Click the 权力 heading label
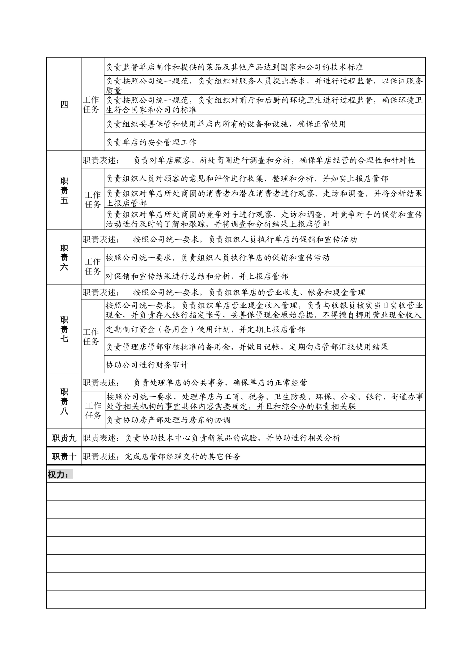click(58, 475)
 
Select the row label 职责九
click(64, 438)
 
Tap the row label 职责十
click(64, 456)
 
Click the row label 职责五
click(64, 191)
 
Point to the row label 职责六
click(64, 257)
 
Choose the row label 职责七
click(64, 329)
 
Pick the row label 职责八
click(64, 401)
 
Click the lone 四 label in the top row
click(64, 104)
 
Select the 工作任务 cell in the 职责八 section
click(93, 410)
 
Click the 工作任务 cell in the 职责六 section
click(93, 266)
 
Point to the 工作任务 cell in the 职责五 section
click(93, 199)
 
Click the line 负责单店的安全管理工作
click(152, 142)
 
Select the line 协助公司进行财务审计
click(147, 365)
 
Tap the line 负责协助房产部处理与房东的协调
click(168, 420)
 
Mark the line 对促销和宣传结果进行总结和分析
click(197, 276)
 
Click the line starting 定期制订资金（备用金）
click(206, 329)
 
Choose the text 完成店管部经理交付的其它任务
click(183, 456)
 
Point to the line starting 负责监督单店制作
click(235, 67)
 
